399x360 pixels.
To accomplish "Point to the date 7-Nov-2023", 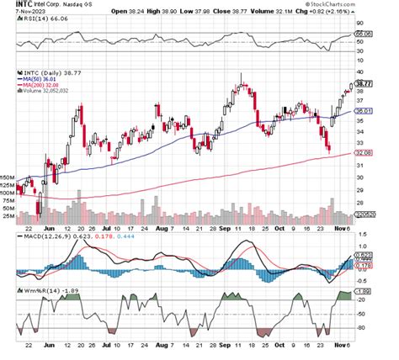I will tap(17, 13).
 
